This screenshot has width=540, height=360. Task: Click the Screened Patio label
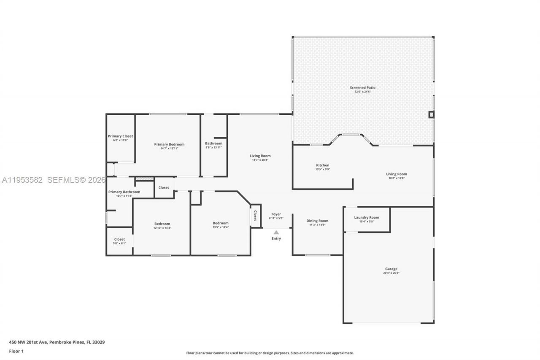click(362, 88)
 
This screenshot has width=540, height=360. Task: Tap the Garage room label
click(391, 269)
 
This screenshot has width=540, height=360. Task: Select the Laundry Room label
click(366, 218)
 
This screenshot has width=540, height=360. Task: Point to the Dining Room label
click(317, 221)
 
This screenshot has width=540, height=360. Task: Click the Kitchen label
click(323, 165)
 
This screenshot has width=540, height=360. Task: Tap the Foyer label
click(276, 214)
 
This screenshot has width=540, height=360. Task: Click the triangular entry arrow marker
click(276, 232)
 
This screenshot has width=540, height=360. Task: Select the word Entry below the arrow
click(276, 238)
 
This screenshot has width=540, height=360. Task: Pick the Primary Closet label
click(120, 136)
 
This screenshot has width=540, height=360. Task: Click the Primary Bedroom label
click(169, 144)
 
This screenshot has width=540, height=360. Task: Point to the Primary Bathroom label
click(124, 192)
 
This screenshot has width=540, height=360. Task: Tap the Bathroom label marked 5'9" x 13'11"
click(213, 143)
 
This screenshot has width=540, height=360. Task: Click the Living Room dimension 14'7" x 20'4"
click(260, 160)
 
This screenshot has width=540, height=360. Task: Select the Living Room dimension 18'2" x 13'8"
click(397, 178)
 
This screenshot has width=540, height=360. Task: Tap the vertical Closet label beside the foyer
click(255, 216)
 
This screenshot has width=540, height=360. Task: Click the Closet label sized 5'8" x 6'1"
click(119, 239)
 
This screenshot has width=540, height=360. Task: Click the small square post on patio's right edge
click(431, 114)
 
